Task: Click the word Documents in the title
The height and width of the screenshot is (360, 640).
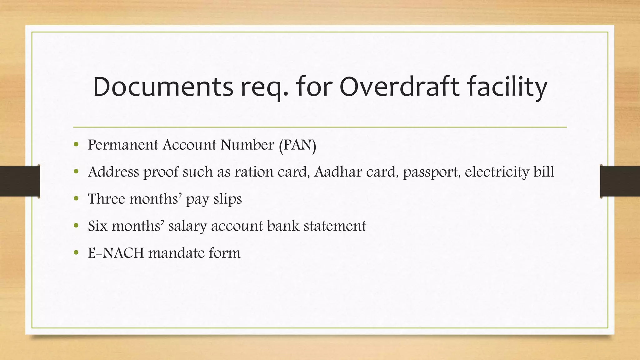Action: [x=163, y=87]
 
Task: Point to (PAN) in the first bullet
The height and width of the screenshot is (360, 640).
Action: [x=297, y=145]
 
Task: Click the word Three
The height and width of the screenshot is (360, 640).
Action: [x=107, y=199]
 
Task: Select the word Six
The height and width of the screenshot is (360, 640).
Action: [x=97, y=226]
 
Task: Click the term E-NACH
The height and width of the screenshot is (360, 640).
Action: [x=116, y=253]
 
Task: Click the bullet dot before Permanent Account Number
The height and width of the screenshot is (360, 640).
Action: [x=76, y=145]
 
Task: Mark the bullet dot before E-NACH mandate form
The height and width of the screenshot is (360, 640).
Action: [x=76, y=252]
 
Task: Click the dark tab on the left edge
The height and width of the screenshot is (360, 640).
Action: [x=20, y=181]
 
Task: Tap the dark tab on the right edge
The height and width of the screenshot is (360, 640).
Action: [x=620, y=181]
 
